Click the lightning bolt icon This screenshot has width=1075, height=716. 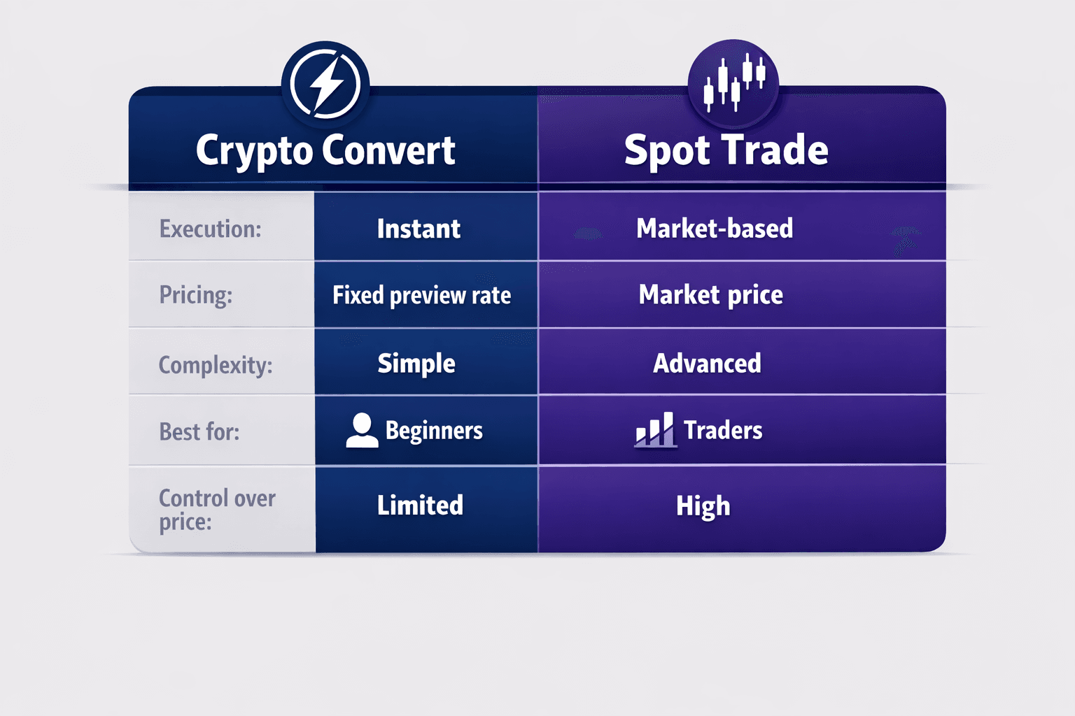coord(325,85)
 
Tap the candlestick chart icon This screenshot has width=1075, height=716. coord(733,83)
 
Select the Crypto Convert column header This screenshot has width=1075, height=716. coord(325,150)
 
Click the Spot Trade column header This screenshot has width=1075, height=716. coord(726,150)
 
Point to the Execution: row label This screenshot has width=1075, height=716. coord(210,229)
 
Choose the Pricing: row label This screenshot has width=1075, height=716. coord(196,295)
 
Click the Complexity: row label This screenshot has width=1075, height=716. coord(216,365)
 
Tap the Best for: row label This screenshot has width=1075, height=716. coord(199,431)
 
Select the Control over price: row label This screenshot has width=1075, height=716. coord(217,510)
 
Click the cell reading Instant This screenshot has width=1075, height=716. coord(419,229)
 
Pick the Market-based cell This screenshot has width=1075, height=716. coord(715,229)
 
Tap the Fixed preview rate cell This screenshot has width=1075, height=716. coord(421,295)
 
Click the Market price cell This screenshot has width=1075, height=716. coord(710,295)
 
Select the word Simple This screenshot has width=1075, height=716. coord(416,364)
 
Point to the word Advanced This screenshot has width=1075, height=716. coord(707,364)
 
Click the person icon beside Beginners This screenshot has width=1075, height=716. coord(362,430)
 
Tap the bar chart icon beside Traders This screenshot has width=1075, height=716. coord(655,429)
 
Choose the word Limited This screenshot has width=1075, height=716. coord(420,505)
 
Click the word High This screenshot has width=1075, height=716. coord(703,506)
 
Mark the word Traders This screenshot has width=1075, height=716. coord(723,430)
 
